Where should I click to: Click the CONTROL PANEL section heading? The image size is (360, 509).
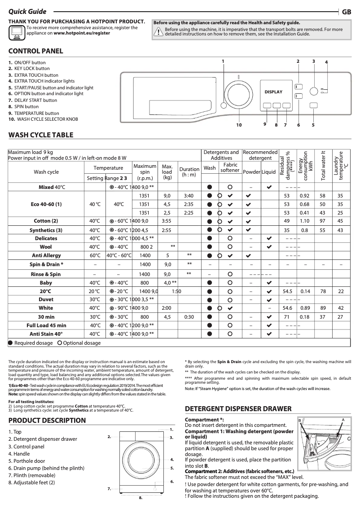point(35,51)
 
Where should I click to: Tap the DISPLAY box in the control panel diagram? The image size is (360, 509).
point(273,92)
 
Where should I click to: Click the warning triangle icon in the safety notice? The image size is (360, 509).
point(158,31)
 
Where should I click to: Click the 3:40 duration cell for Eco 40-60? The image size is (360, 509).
point(189,196)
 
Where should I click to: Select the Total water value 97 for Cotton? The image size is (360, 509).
point(322,221)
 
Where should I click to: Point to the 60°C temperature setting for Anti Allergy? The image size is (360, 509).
point(95,255)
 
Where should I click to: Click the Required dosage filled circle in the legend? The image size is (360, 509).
point(10,343)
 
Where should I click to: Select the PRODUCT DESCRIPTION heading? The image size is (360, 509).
point(47,421)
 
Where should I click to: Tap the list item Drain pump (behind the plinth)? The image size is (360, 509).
point(46,468)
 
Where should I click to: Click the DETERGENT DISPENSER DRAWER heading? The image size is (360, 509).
point(238,409)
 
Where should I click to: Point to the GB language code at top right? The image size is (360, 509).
point(347,12)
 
